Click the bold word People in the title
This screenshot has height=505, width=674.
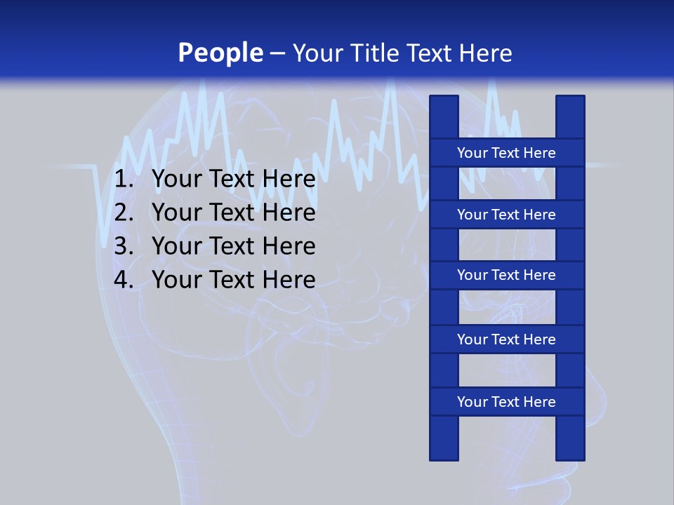click(220, 53)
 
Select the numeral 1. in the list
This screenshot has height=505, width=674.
click(124, 180)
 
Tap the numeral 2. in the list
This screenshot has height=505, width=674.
click(124, 213)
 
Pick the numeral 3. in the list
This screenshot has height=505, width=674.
click(124, 246)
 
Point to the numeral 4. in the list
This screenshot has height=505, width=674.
click(124, 280)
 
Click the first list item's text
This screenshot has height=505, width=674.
click(233, 180)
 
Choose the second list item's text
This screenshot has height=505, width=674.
click(233, 213)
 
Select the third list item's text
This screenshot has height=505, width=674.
click(233, 246)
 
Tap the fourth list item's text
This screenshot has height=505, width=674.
click(233, 280)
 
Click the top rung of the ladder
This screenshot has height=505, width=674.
click(506, 153)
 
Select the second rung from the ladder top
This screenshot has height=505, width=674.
click(506, 215)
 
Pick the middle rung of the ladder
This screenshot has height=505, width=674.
click(506, 275)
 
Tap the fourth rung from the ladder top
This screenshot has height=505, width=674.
click(506, 339)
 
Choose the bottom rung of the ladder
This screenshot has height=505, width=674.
click(506, 402)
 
